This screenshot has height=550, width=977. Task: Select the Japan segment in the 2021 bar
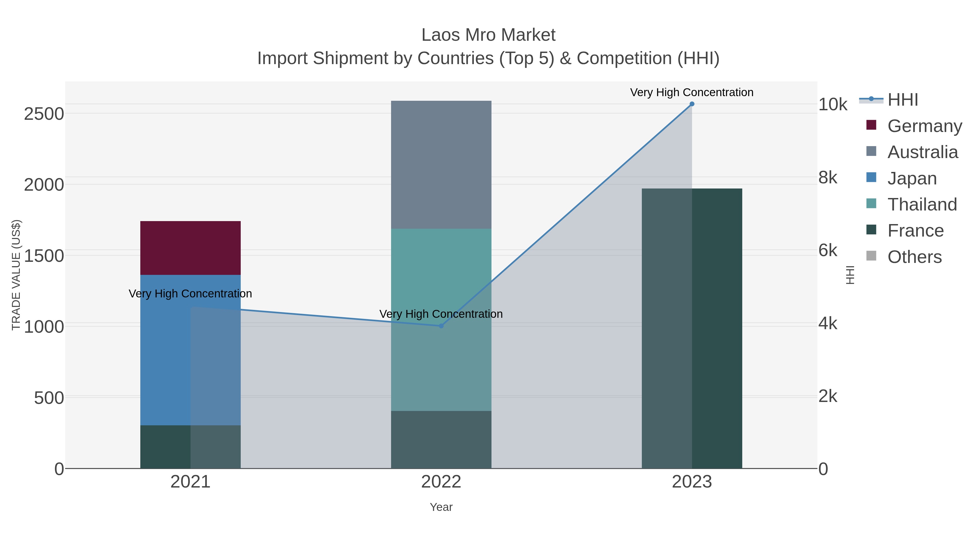point(165,349)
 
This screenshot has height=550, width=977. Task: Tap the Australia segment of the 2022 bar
point(441,164)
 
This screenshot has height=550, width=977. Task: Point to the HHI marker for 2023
point(692,104)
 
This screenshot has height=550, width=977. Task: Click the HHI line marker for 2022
point(441,326)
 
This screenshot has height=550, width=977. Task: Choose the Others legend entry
point(914,257)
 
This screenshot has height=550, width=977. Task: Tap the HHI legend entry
point(903,100)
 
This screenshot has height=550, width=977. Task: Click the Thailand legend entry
point(922,205)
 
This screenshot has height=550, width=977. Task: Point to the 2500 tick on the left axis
point(44,114)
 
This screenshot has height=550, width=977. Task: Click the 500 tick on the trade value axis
point(49,398)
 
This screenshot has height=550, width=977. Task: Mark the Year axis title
point(441,507)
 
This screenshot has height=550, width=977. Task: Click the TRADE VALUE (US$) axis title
point(16,275)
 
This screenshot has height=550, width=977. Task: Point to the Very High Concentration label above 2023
point(691,92)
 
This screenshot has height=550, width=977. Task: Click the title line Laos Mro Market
point(488,35)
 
